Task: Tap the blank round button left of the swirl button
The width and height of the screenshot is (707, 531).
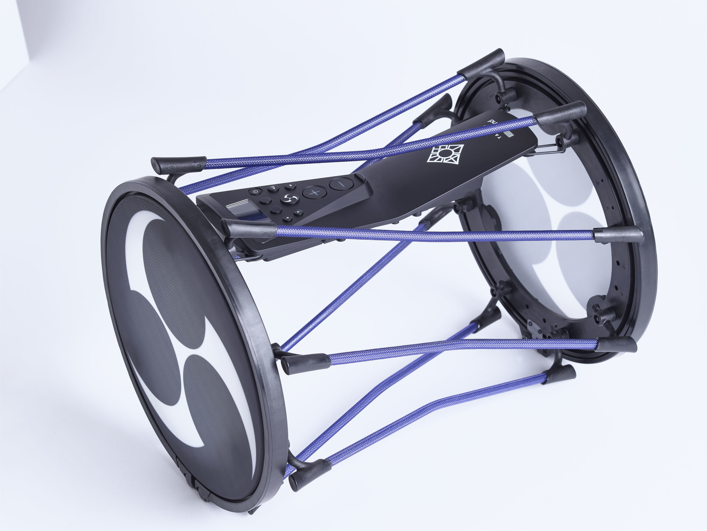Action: click(x=265, y=200)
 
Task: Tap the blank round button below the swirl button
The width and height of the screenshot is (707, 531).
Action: click(x=276, y=210)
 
